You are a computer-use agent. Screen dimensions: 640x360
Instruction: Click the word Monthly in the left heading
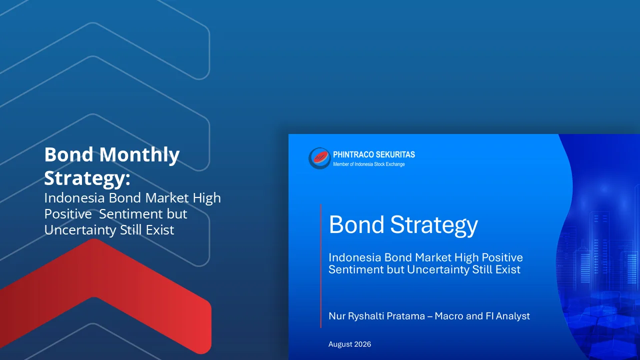139,155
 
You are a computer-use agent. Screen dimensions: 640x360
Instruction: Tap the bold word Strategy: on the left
87,178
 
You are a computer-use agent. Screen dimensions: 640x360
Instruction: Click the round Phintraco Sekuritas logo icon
319,158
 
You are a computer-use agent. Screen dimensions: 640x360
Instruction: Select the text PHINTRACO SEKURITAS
374,154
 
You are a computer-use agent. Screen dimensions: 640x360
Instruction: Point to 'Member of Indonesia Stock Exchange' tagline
369,164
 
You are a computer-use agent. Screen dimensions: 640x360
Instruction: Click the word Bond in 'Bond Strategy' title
356,224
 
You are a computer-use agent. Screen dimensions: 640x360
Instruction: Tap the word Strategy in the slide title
434,225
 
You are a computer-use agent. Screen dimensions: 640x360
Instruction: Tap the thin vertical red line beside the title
321,266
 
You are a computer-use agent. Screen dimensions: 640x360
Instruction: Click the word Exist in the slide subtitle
507,269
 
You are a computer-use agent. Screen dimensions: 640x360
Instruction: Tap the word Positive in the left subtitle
68,214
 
